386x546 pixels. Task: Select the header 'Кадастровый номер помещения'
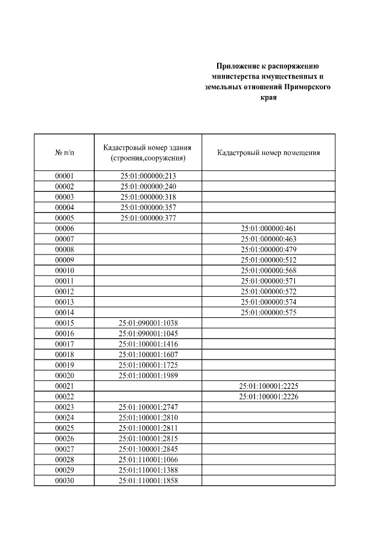268,153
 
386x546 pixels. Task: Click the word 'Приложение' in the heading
238,66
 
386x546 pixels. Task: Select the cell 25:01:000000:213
148,176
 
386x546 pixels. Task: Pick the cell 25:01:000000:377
148,218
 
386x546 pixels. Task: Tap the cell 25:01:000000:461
268,229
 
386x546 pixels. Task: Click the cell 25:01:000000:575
268,312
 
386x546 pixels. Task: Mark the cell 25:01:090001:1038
148,323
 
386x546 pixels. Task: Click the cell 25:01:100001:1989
148,375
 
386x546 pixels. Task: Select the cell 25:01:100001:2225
268,386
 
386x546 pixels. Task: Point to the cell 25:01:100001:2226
268,396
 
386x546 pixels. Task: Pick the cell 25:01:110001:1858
148,480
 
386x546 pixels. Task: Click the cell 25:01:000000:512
268,260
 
